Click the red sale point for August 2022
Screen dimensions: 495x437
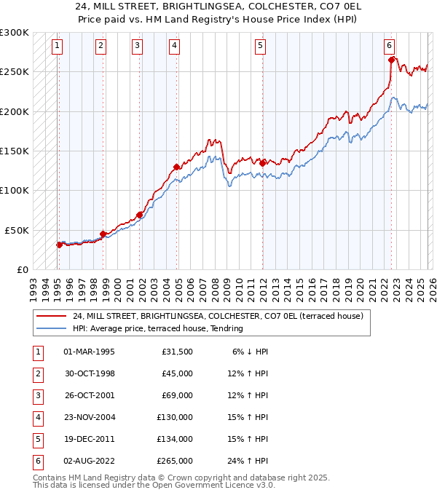tap(391, 60)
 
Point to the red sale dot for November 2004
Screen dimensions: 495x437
tap(177, 167)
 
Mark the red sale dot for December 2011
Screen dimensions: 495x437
tap(262, 164)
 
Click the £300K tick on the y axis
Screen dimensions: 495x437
tap(15, 33)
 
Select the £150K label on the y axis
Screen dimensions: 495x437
tap(15, 151)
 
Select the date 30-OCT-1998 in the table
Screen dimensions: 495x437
tap(89, 373)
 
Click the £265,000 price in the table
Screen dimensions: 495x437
tap(175, 461)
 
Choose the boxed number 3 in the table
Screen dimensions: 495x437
tap(36, 395)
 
